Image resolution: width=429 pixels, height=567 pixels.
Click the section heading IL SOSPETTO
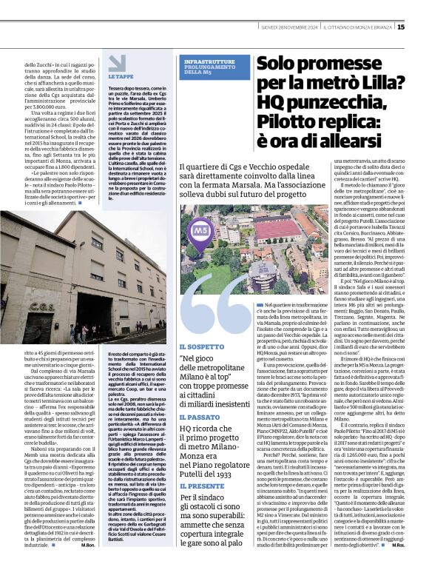point(200,347)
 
